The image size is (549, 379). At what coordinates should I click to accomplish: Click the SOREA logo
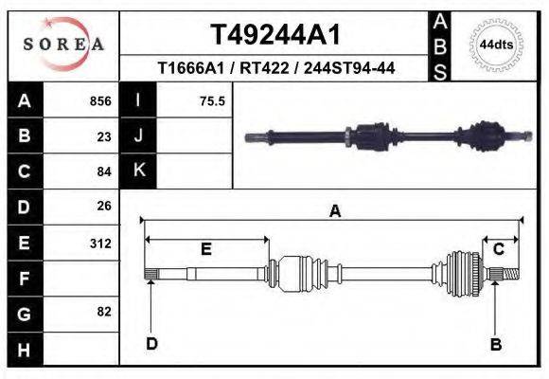click(63, 45)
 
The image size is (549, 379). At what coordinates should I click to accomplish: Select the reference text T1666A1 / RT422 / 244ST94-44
click(275, 68)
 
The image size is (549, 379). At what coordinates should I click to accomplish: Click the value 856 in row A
click(99, 101)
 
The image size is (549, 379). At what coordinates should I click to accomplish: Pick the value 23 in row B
click(104, 136)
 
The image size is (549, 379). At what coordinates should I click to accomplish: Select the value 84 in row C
click(104, 171)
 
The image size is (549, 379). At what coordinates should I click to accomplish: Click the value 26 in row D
click(104, 206)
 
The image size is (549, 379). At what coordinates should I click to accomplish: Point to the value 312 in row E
click(100, 243)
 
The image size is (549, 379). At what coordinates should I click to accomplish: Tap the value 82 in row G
click(104, 312)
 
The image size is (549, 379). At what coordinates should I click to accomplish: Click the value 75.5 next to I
click(212, 101)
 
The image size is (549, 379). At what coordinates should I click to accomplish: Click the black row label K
click(138, 171)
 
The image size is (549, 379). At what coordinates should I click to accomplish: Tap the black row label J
click(138, 135)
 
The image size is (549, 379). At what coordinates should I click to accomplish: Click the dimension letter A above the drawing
click(334, 212)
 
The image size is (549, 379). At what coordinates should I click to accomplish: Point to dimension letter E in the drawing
click(205, 249)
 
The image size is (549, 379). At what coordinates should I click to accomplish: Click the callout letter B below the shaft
click(495, 345)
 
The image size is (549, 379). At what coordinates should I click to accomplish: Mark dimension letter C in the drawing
click(498, 248)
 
